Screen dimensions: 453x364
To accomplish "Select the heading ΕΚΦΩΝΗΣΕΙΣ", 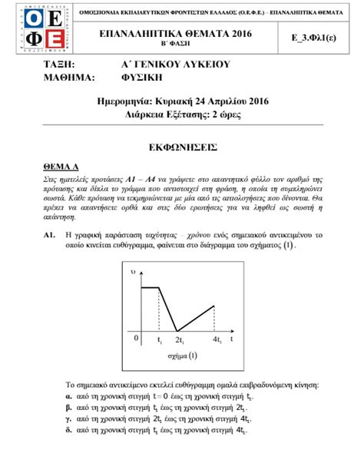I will tap(182, 146).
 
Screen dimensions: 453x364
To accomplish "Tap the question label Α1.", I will tap(50, 233).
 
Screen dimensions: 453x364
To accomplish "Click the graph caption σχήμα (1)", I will tap(182, 355).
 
